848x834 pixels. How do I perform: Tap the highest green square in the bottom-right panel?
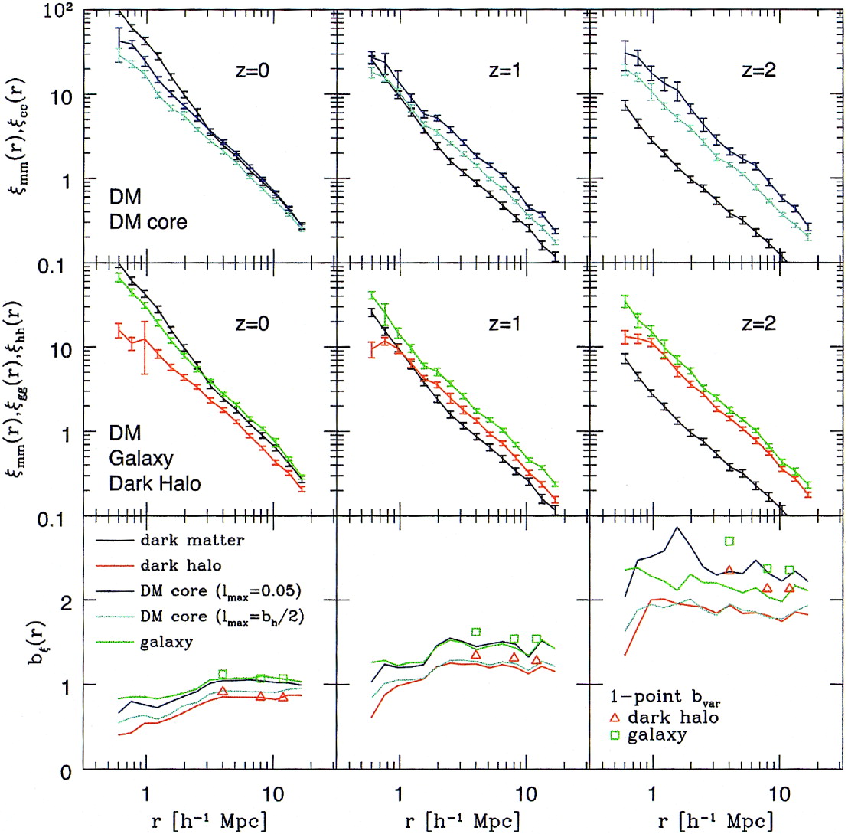(x=729, y=541)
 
